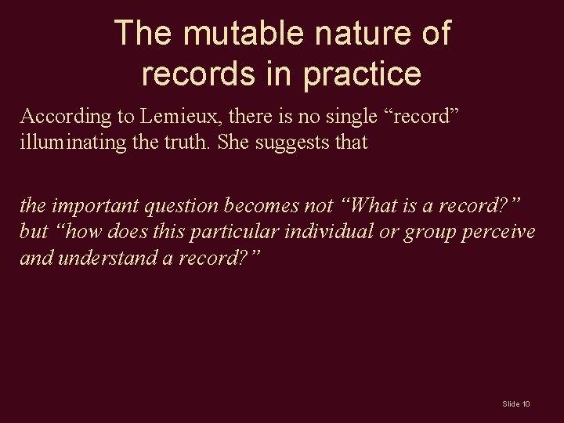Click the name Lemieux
pyautogui.click(x=175, y=117)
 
